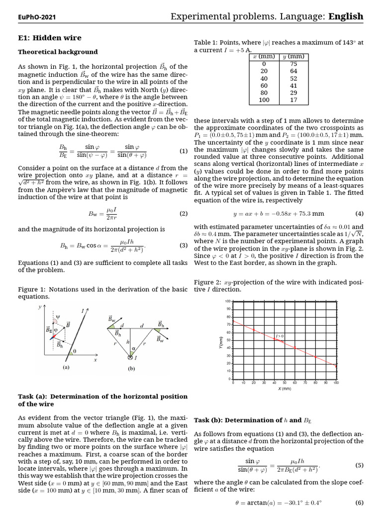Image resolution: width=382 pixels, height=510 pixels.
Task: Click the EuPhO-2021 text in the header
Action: point(37,17)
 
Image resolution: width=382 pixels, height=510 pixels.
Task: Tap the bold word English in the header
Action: point(346,16)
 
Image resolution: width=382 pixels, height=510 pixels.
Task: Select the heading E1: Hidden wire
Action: point(50,38)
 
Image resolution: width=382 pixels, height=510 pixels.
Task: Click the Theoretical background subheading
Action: point(58,52)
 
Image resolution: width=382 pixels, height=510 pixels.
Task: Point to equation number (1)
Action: point(183,151)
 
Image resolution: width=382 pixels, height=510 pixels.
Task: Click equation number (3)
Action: point(183,246)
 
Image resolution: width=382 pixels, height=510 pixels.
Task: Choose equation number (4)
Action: point(359,214)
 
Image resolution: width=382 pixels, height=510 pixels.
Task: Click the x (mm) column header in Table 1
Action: point(264,56)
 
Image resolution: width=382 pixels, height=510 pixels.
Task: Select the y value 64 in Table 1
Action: point(293,71)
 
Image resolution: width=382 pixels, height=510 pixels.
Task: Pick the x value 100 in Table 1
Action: point(264,100)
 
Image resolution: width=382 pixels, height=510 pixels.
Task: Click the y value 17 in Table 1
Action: point(293,100)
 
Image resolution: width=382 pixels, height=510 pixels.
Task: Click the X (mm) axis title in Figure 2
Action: point(284,388)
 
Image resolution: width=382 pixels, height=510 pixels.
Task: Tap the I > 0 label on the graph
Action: point(280,336)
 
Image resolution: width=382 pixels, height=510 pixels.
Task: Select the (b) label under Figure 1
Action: point(131,369)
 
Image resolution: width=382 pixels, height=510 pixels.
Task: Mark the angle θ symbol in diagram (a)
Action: point(75,351)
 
